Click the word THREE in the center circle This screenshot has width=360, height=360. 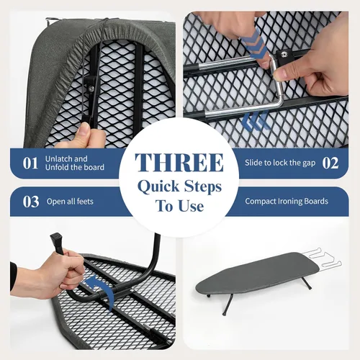coord(179,163)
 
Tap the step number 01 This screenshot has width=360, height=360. coord(30,163)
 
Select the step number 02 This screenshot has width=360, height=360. coord(330,163)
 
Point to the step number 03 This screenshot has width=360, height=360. coord(31,202)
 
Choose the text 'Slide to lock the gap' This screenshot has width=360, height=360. coord(280,163)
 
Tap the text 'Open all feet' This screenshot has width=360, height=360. coord(70,202)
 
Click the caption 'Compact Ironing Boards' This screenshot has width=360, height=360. coord(287,201)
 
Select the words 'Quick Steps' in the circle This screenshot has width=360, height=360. coord(179,186)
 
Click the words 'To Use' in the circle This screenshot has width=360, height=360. coord(179,206)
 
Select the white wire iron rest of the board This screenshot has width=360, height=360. coord(322,258)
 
